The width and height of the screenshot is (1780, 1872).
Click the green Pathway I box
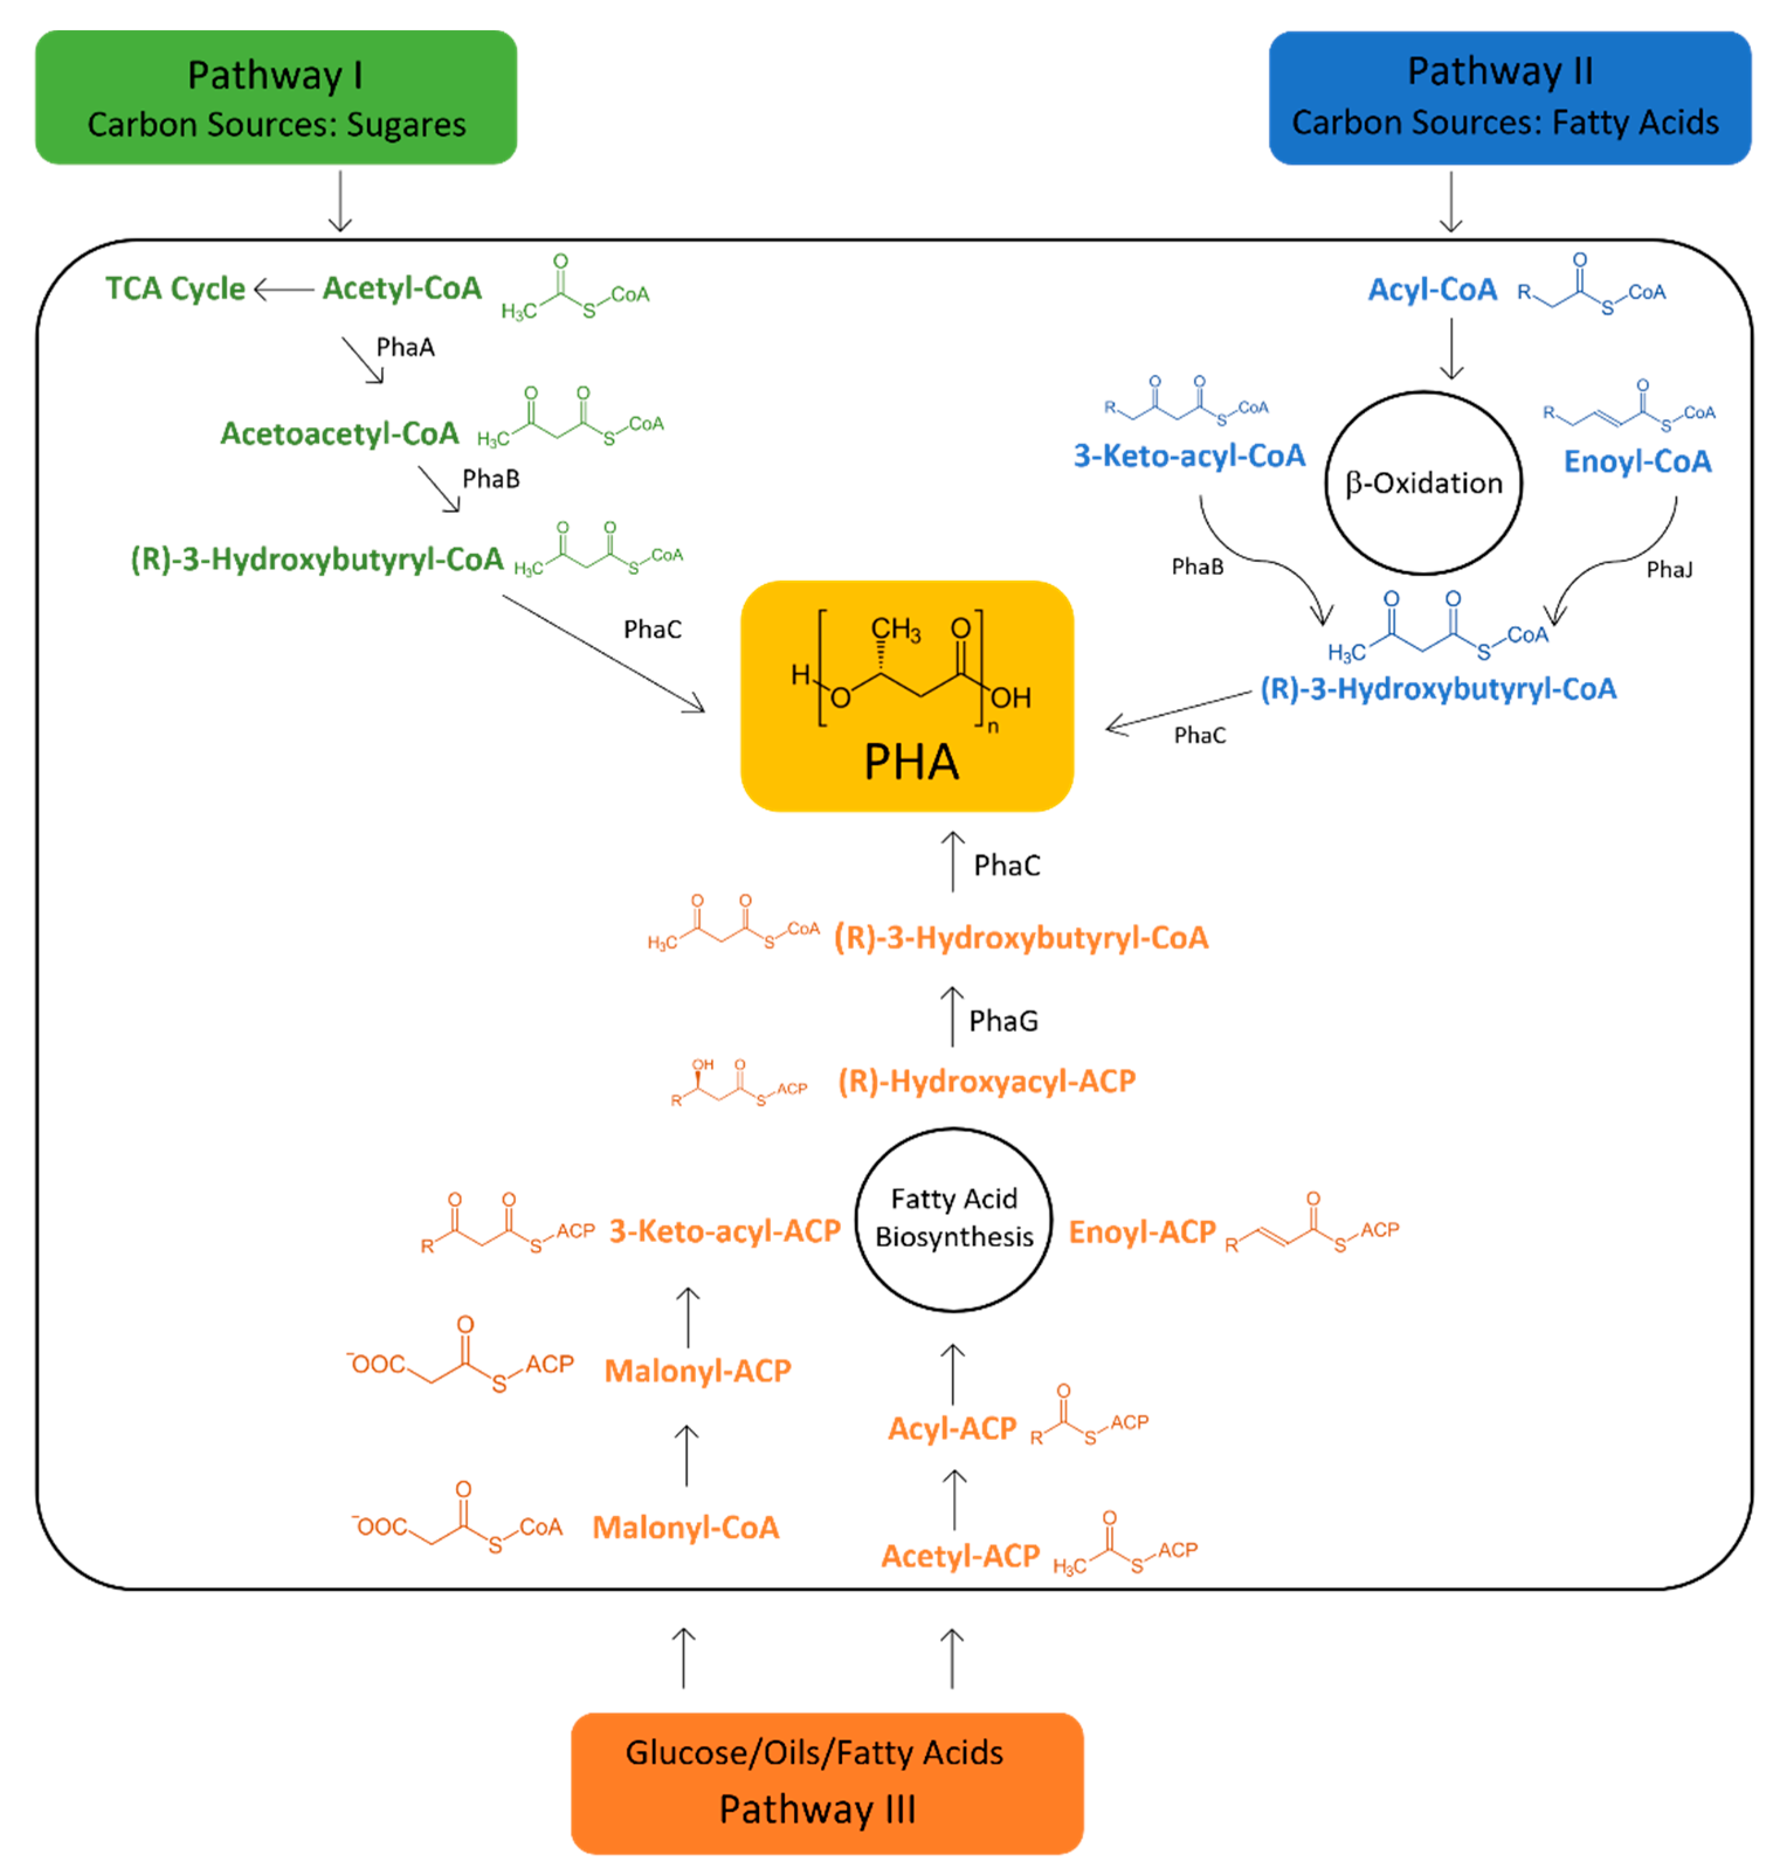276,98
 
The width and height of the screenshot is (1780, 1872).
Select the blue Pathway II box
1510,98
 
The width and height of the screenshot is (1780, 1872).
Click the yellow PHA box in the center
907,696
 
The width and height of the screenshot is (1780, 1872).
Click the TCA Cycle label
175,288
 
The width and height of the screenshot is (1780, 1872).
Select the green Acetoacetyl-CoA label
340,434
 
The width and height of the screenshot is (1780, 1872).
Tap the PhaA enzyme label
405,347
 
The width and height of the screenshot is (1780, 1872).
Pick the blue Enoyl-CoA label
1638,462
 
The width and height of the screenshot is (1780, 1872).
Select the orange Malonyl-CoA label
686,1528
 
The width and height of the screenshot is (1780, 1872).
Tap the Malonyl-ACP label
698,1371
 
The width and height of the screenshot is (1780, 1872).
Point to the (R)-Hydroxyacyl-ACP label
987,1082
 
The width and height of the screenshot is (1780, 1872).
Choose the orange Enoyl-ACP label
1143,1232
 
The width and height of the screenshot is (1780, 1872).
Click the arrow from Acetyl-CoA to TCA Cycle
284,288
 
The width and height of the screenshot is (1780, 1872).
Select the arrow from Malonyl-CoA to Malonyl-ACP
686,1455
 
